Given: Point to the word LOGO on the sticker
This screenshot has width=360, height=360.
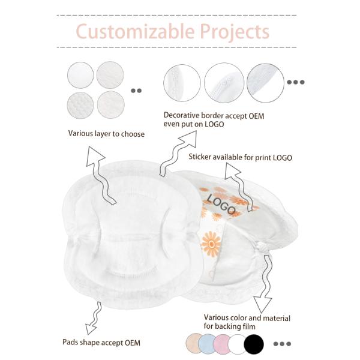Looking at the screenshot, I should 221,204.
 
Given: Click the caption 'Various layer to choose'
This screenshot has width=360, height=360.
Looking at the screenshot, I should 106,134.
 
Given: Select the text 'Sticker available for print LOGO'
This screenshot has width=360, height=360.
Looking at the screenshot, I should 240,158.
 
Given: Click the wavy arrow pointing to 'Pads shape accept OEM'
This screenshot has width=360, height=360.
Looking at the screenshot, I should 93,317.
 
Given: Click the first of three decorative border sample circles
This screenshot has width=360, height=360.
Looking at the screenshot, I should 182,83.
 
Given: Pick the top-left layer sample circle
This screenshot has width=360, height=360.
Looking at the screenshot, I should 81,76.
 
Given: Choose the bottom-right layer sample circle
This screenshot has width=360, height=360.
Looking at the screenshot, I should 110,104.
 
